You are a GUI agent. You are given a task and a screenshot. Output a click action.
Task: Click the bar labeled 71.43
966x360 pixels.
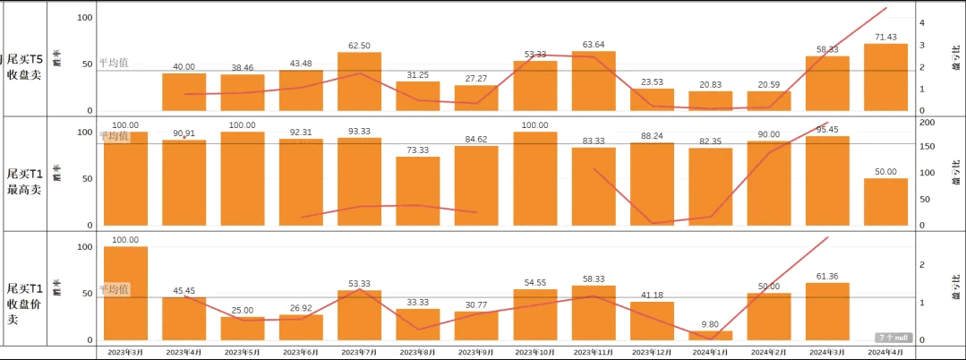tap(885, 78)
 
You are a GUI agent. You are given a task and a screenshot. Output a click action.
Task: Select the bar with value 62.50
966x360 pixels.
tap(359, 82)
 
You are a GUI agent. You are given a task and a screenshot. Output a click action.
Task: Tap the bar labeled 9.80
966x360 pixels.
tap(710, 336)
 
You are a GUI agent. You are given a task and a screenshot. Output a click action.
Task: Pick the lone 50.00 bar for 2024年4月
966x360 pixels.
tap(885, 201)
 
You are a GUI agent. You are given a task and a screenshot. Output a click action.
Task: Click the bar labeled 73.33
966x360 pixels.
tap(418, 191)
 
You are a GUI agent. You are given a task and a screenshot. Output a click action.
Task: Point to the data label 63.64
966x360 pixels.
tap(593, 44)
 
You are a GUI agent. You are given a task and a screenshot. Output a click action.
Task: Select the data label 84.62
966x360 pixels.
tap(476, 139)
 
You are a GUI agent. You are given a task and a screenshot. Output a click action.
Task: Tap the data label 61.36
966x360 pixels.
tap(826, 275)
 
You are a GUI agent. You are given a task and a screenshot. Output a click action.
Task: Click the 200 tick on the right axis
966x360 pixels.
tap(928, 123)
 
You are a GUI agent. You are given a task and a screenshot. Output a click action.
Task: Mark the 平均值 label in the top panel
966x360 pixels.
tap(114, 63)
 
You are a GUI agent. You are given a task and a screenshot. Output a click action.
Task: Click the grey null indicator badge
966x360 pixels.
tap(893, 338)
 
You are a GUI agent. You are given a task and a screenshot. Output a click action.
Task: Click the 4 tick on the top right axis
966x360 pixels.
tap(922, 22)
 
